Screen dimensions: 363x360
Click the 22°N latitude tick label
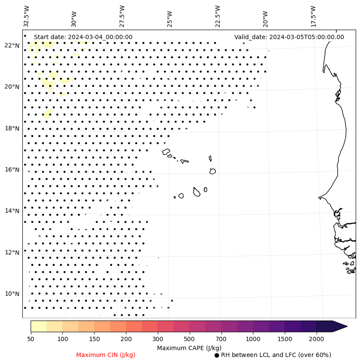point(12,46)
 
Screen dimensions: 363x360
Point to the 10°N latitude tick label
point(12,294)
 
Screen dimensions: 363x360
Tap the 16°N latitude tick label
point(12,170)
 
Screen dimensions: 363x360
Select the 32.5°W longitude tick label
point(27,16)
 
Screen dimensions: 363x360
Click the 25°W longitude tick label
point(169,18)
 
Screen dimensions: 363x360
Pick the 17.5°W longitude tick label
point(313,16)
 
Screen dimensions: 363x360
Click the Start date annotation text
point(83,37)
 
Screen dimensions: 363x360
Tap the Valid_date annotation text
point(289,37)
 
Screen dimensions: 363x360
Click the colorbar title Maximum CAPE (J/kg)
point(189,348)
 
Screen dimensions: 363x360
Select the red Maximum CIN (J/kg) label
point(106,355)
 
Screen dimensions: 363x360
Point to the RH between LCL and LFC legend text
point(276,355)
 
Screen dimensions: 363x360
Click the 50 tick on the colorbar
point(31,339)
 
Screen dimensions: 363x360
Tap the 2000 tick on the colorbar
point(317,339)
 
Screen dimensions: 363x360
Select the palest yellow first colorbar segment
point(38,326)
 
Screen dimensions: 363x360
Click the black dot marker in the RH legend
point(217,355)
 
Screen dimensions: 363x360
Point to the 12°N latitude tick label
point(12,253)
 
